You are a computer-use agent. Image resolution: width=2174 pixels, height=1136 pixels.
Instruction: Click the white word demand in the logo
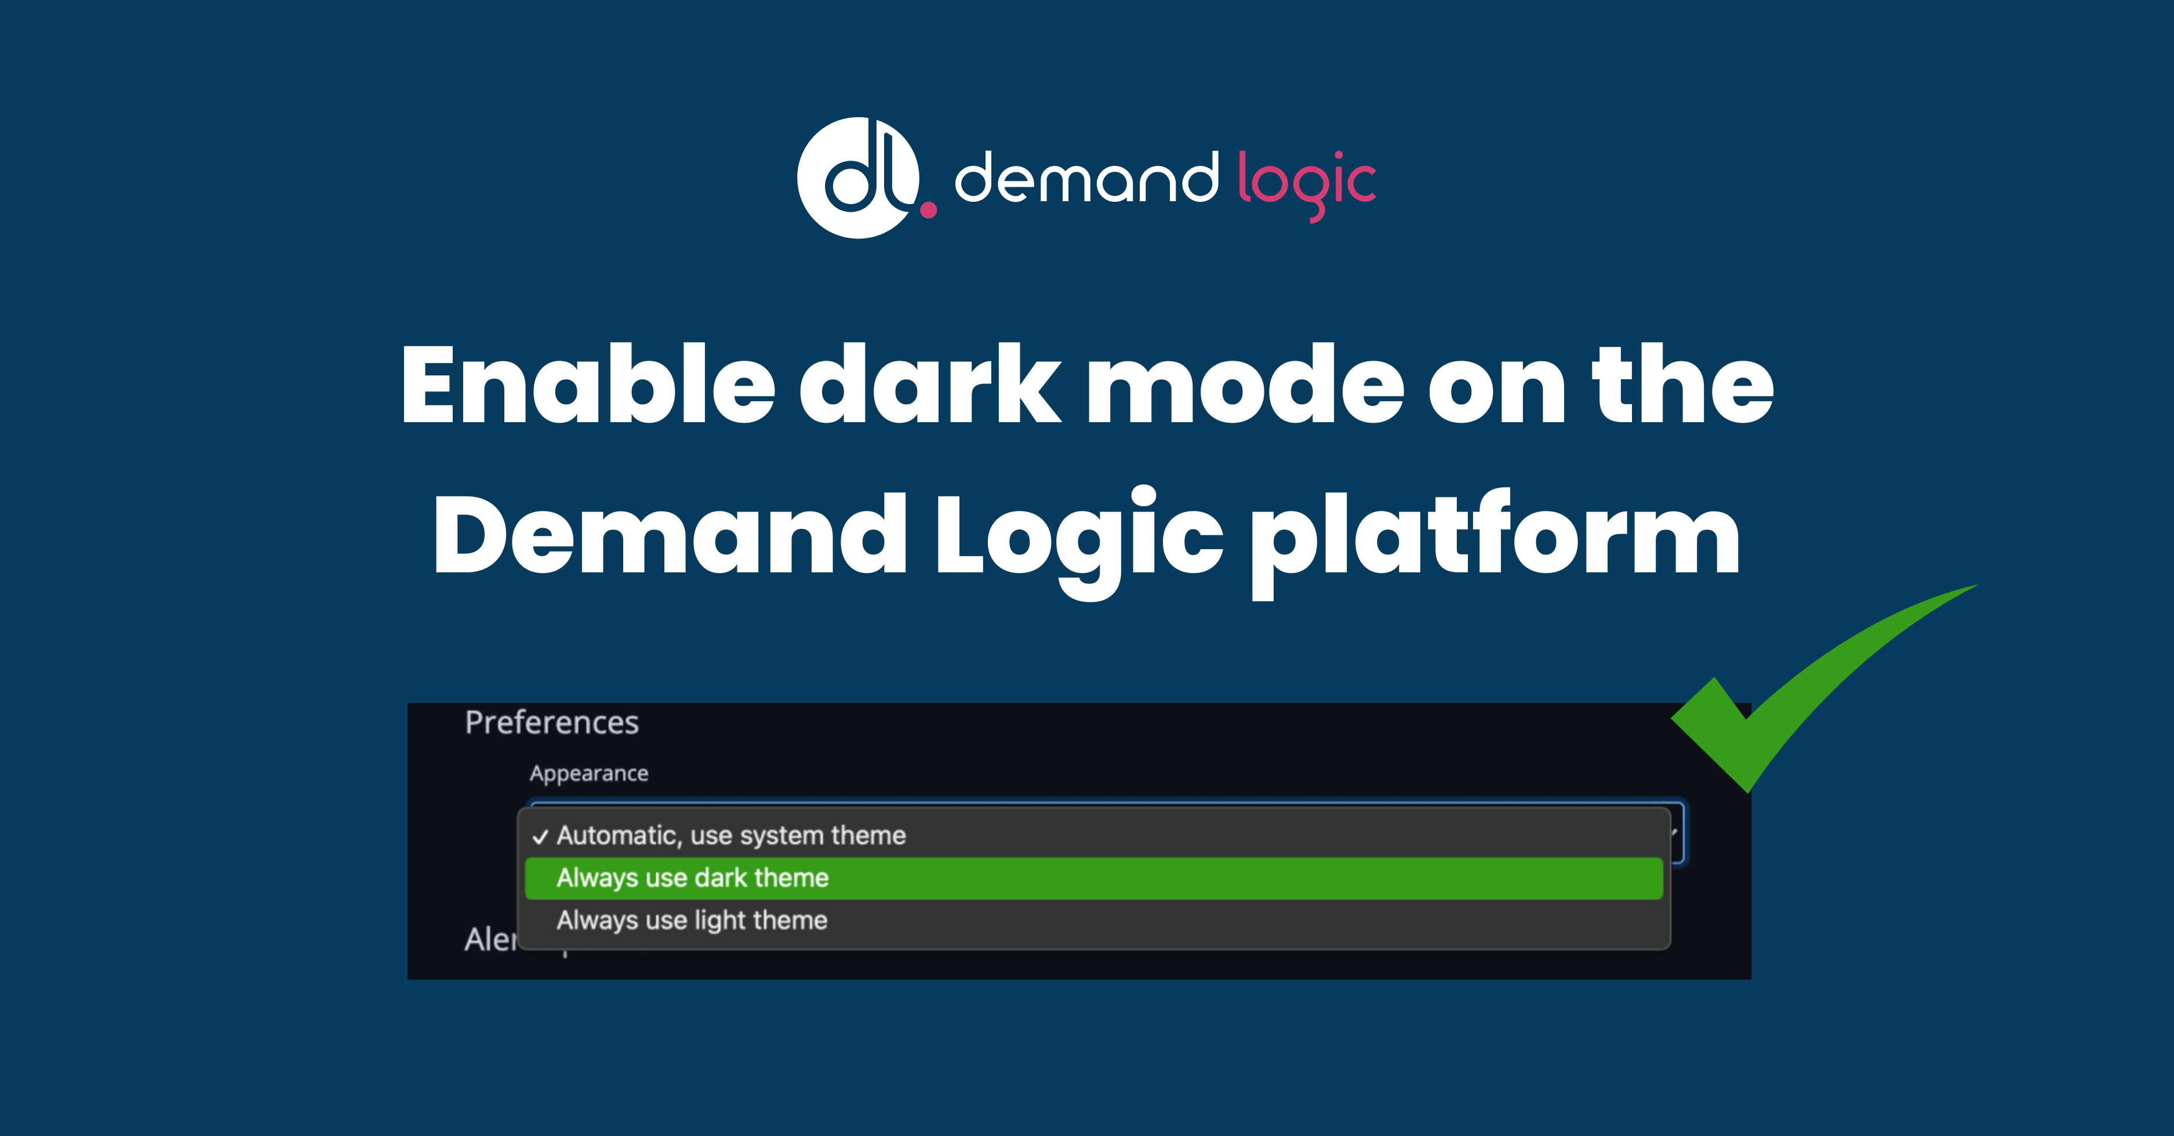click(x=1086, y=179)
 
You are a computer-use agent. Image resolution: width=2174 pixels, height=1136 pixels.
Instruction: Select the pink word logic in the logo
click(x=1306, y=182)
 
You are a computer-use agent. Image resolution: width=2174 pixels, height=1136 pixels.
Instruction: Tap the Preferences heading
click(x=552, y=723)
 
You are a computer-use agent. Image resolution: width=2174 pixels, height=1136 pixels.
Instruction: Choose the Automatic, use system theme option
click(x=731, y=836)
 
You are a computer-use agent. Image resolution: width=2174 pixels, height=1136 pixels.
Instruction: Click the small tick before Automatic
click(x=540, y=837)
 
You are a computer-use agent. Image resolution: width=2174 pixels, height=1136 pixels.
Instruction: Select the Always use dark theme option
click(x=692, y=878)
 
